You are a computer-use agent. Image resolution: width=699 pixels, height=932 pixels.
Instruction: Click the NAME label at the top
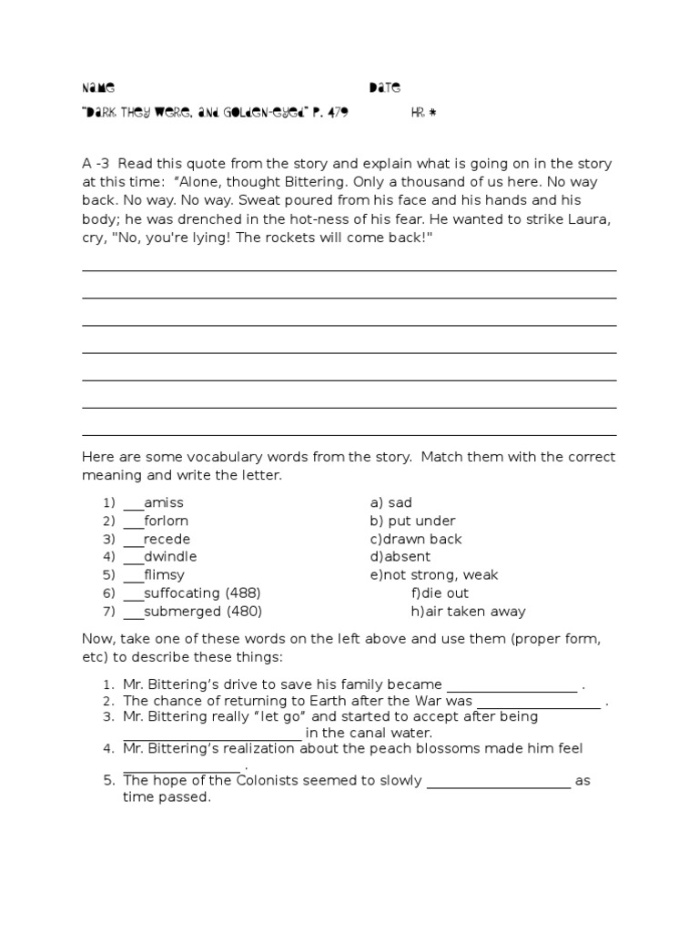coord(98,88)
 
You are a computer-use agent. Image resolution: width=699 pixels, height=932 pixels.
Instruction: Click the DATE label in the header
coord(384,88)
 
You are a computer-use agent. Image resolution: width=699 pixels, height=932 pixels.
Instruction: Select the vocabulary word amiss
coord(163,502)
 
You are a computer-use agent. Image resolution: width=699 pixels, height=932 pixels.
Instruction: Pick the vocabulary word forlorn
coord(166,521)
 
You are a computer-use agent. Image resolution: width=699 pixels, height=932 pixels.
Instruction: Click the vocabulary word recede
coord(167,539)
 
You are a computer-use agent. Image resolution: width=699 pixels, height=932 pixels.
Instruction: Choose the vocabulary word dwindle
coord(169,556)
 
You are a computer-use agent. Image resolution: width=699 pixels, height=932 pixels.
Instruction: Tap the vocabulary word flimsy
coord(164,575)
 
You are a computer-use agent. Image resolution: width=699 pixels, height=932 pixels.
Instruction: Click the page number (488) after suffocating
coord(243,593)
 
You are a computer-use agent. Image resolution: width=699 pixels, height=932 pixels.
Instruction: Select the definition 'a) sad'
coord(390,502)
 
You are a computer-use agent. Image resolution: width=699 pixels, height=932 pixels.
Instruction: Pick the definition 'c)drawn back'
coord(415,539)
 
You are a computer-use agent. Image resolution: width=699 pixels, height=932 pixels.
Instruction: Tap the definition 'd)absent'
coord(400,556)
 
